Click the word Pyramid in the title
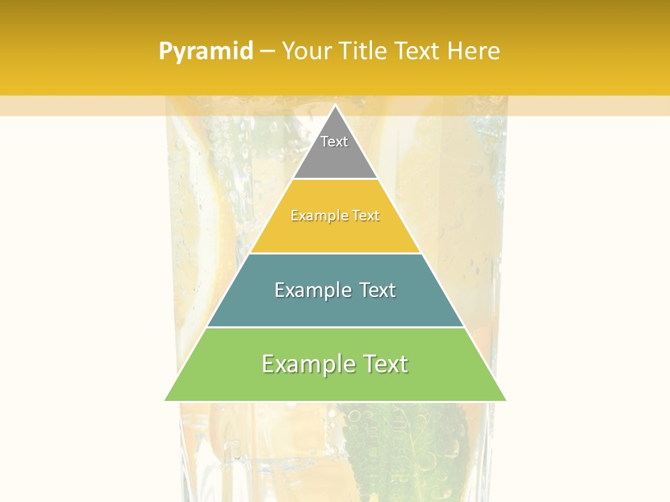(206, 52)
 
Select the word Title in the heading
(363, 52)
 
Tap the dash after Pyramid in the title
(267, 52)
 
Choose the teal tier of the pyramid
(335, 307)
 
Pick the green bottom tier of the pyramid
(335, 383)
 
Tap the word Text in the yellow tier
(365, 216)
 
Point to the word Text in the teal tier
(378, 290)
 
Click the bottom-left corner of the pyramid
(166, 400)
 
